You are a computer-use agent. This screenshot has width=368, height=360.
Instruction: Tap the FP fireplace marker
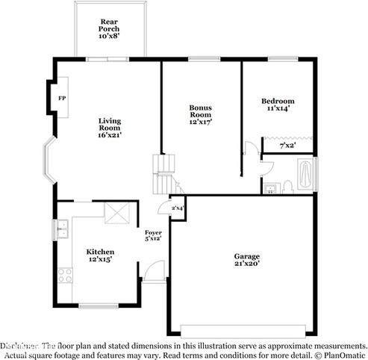(61, 98)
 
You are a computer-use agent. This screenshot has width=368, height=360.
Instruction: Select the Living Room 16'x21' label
(110, 127)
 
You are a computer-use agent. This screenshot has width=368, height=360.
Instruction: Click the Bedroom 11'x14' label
(277, 105)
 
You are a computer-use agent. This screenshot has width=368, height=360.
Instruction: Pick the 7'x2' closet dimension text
(287, 146)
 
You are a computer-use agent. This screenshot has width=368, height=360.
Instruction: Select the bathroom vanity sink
(270, 187)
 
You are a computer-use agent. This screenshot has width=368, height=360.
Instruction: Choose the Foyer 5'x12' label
(153, 235)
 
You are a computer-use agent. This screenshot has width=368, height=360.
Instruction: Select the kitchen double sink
(60, 229)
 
